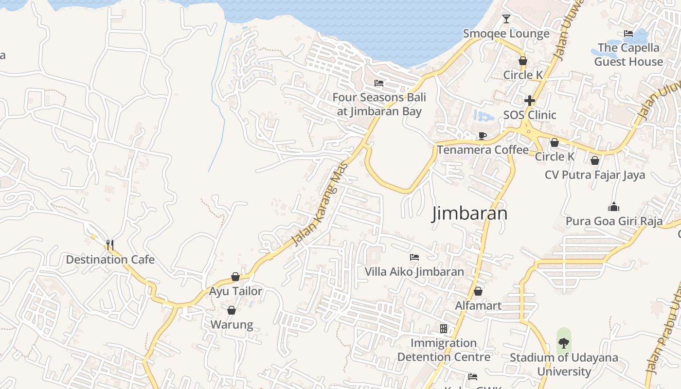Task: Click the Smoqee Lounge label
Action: pos(506,34)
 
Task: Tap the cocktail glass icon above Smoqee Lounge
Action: pos(506,19)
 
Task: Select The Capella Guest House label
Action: pos(628,54)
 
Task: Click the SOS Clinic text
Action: pos(530,115)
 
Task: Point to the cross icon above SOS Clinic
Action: pos(530,101)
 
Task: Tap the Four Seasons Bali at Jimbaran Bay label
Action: pos(379,104)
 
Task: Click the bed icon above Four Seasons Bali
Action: pos(379,83)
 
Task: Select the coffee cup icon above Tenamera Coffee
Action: pos(482,136)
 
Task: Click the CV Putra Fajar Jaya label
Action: pos(595,175)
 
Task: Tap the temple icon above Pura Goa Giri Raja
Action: pos(614,207)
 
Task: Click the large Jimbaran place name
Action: pos(469,213)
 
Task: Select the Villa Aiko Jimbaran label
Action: pos(414,271)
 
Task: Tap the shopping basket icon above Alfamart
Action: pos(478,291)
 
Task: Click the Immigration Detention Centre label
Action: pos(444,350)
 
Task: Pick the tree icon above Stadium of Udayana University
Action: pos(564,343)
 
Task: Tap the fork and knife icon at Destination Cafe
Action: pos(109,245)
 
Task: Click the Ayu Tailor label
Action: pos(235,291)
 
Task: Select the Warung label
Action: pos(232,325)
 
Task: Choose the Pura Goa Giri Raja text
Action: pos(614,222)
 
